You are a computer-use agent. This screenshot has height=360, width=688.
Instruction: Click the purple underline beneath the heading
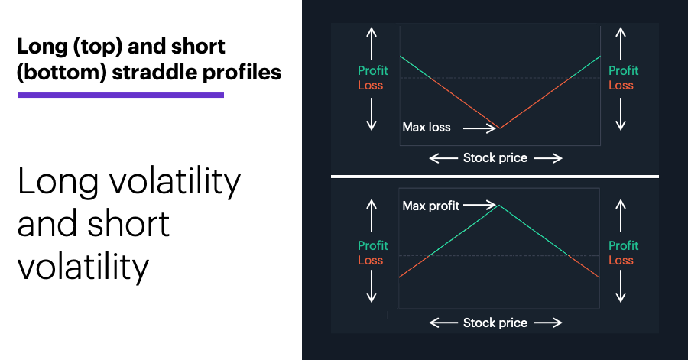coord(121,95)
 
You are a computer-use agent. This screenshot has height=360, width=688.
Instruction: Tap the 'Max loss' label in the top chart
coord(427,127)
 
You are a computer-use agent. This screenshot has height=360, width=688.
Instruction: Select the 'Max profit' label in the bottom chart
coord(431,206)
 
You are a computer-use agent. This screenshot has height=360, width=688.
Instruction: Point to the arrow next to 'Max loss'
coord(479,128)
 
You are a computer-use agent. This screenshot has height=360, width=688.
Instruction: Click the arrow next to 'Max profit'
coord(479,205)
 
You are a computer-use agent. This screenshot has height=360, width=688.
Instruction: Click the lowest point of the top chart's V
coord(500,128)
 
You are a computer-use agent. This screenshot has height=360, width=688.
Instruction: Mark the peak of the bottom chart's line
coord(499,205)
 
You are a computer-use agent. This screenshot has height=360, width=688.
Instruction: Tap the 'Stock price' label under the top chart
coord(495,158)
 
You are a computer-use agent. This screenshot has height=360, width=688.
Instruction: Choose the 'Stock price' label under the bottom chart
coord(495,323)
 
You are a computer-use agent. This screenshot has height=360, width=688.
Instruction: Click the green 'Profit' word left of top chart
coord(373,70)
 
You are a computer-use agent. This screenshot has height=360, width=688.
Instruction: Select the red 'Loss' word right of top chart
coord(621,85)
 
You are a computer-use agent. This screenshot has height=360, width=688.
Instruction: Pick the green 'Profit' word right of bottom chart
coord(624,245)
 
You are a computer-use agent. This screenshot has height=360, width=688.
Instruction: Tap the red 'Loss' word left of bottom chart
coord(370,260)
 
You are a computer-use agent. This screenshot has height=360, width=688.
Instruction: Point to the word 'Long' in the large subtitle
coord(58,182)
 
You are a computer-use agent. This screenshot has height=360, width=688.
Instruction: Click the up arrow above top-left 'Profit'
coord(372,44)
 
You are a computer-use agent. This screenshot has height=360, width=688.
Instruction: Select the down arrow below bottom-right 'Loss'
coord(621,287)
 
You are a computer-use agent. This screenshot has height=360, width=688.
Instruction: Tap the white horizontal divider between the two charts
coord(495,177)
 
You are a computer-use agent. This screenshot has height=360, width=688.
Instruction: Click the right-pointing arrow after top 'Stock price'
coord(548,158)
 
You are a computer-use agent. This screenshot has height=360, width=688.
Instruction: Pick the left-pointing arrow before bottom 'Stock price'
coord(443,323)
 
